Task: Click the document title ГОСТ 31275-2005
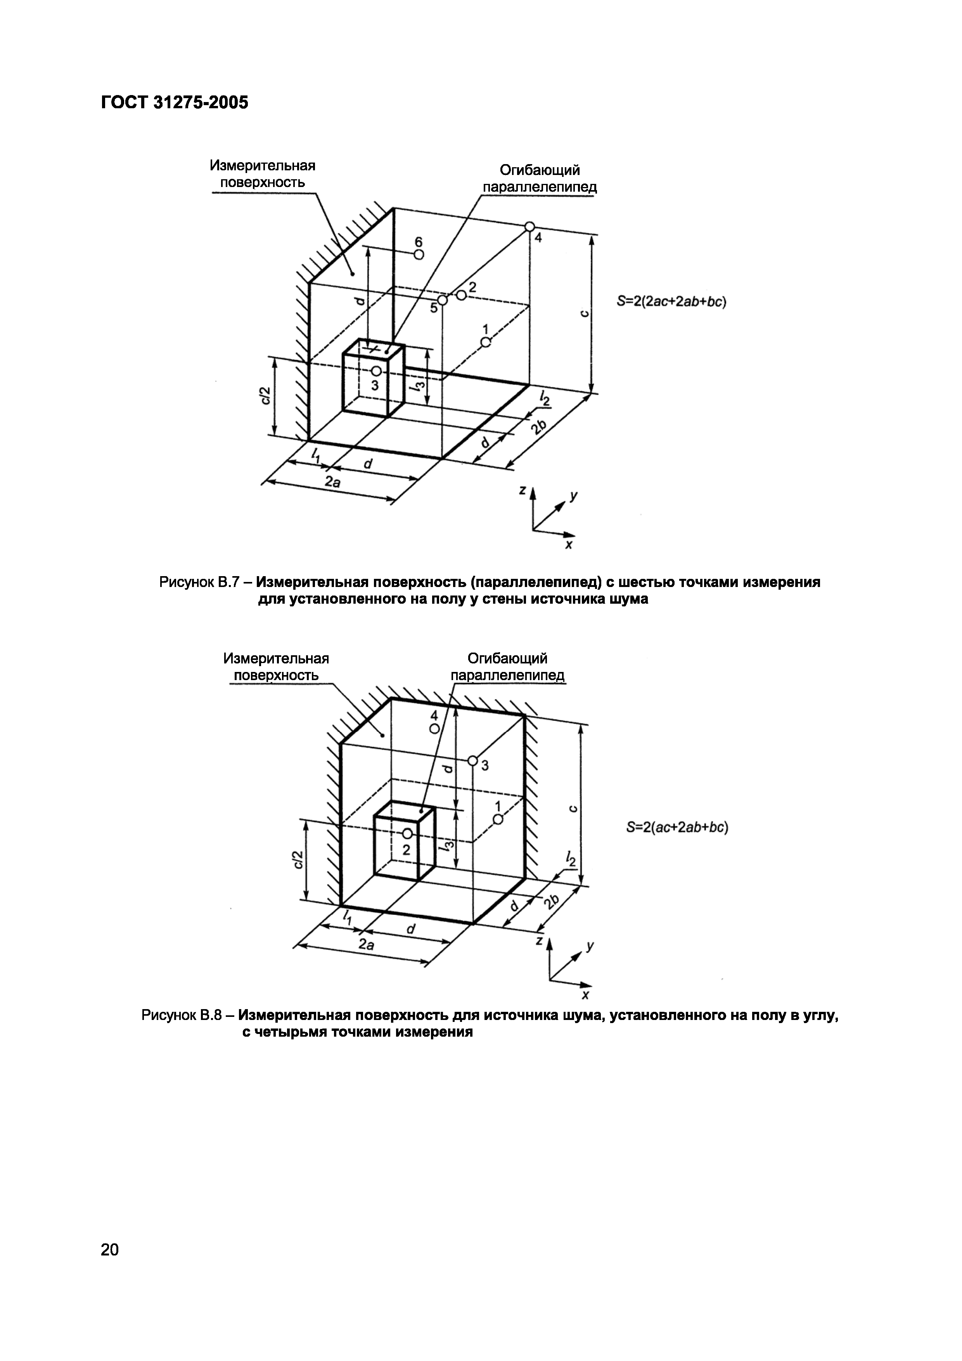coord(175,102)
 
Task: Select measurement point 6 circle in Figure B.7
coord(419,255)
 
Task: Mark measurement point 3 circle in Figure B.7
coord(376,371)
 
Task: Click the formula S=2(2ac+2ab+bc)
coord(671,302)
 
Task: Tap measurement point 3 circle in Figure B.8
coord(472,760)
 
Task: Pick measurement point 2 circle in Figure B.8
coord(407,833)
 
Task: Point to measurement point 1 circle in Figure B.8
coord(498,819)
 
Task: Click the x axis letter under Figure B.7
coord(568,544)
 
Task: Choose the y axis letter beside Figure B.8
coord(589,947)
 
